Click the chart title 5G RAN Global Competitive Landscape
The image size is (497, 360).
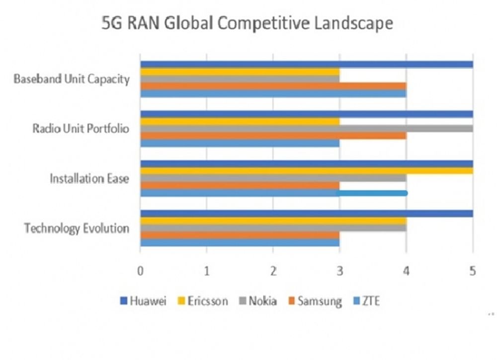(247, 23)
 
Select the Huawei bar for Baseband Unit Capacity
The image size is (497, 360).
(306, 64)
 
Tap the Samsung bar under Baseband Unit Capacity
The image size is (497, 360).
(273, 86)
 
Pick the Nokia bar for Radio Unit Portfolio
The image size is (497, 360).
(306, 129)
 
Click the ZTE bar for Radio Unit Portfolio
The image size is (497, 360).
(240, 143)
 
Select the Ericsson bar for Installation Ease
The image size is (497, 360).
(306, 171)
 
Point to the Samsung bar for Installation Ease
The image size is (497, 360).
(240, 185)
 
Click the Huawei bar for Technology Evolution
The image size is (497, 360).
(306, 214)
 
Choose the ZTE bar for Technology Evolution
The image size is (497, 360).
(240, 243)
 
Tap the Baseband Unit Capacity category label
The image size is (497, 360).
(72, 79)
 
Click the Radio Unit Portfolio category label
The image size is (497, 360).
(81, 129)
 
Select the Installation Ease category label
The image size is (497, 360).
(89, 178)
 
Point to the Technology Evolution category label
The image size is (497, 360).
(77, 228)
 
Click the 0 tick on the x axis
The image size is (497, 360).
(140, 271)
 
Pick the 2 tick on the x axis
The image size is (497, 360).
(273, 271)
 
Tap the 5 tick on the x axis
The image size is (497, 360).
(473, 271)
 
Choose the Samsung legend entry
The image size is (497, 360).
(314, 300)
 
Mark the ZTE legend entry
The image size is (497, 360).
(366, 300)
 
